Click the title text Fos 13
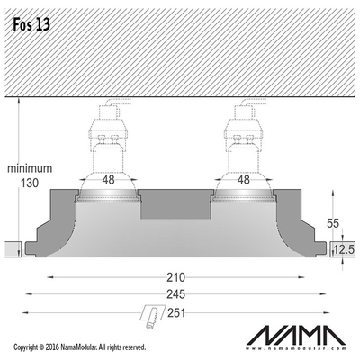click(31, 24)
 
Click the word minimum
click(30, 168)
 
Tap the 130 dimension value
click(29, 183)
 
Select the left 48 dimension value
click(108, 180)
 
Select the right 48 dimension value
click(243, 180)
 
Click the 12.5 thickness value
click(345, 249)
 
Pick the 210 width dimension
click(175, 277)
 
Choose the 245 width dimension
click(175, 294)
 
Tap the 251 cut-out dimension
click(176, 313)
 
